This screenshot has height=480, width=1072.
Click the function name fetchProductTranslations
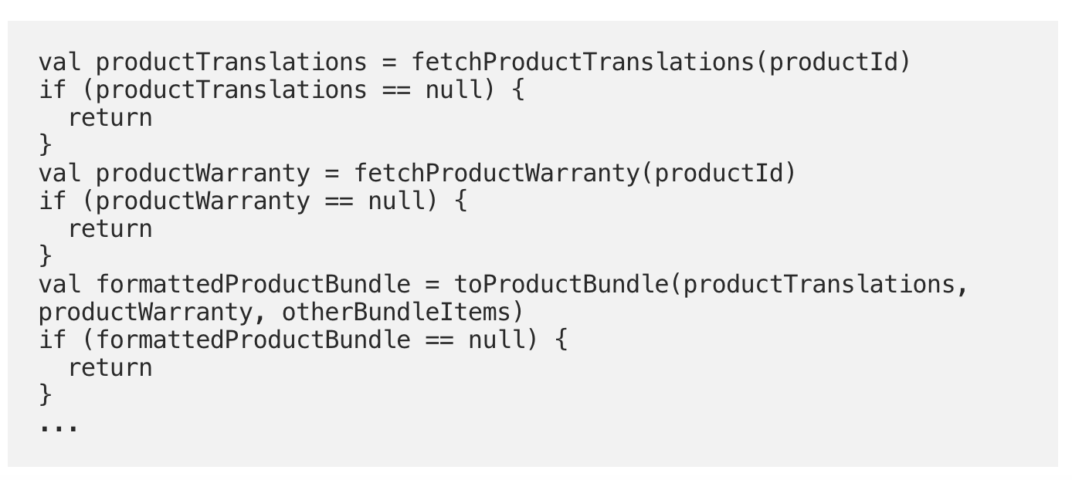(583, 63)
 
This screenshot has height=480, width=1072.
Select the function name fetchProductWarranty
(497, 173)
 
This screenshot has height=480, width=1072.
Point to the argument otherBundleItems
(397, 313)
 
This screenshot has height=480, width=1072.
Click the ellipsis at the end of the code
(59, 427)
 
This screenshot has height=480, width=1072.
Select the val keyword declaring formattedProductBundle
(59, 285)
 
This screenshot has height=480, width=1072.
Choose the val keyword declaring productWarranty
(59, 173)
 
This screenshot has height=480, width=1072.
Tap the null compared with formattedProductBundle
(497, 340)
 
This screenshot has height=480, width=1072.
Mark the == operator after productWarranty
(339, 201)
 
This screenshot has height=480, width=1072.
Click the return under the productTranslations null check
(110, 118)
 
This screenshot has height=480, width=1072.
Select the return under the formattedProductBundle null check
(110, 368)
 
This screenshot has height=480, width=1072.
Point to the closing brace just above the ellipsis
(46, 395)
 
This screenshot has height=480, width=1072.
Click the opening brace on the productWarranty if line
(461, 201)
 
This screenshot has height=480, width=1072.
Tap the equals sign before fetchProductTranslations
(389, 63)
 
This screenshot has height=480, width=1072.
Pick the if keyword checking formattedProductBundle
(53, 340)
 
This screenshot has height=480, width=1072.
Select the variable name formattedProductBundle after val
(253, 285)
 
